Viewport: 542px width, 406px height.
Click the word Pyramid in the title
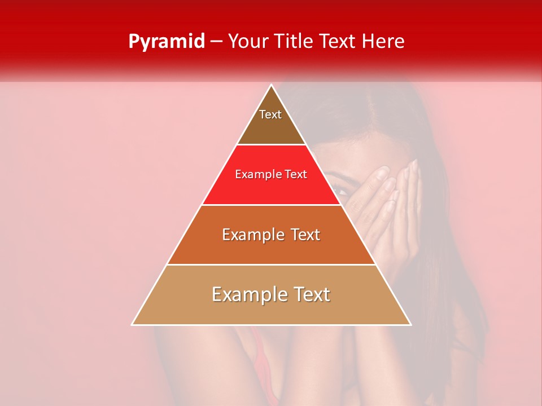tap(166, 42)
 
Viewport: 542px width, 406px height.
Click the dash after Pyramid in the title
tap(216, 42)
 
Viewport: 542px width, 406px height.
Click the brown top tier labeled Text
tap(271, 121)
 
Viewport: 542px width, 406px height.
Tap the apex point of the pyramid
tap(272, 86)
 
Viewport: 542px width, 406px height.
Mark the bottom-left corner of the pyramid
tap(133, 324)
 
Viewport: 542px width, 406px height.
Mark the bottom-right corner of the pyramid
tap(410, 324)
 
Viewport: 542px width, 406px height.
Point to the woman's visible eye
tap(340, 191)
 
